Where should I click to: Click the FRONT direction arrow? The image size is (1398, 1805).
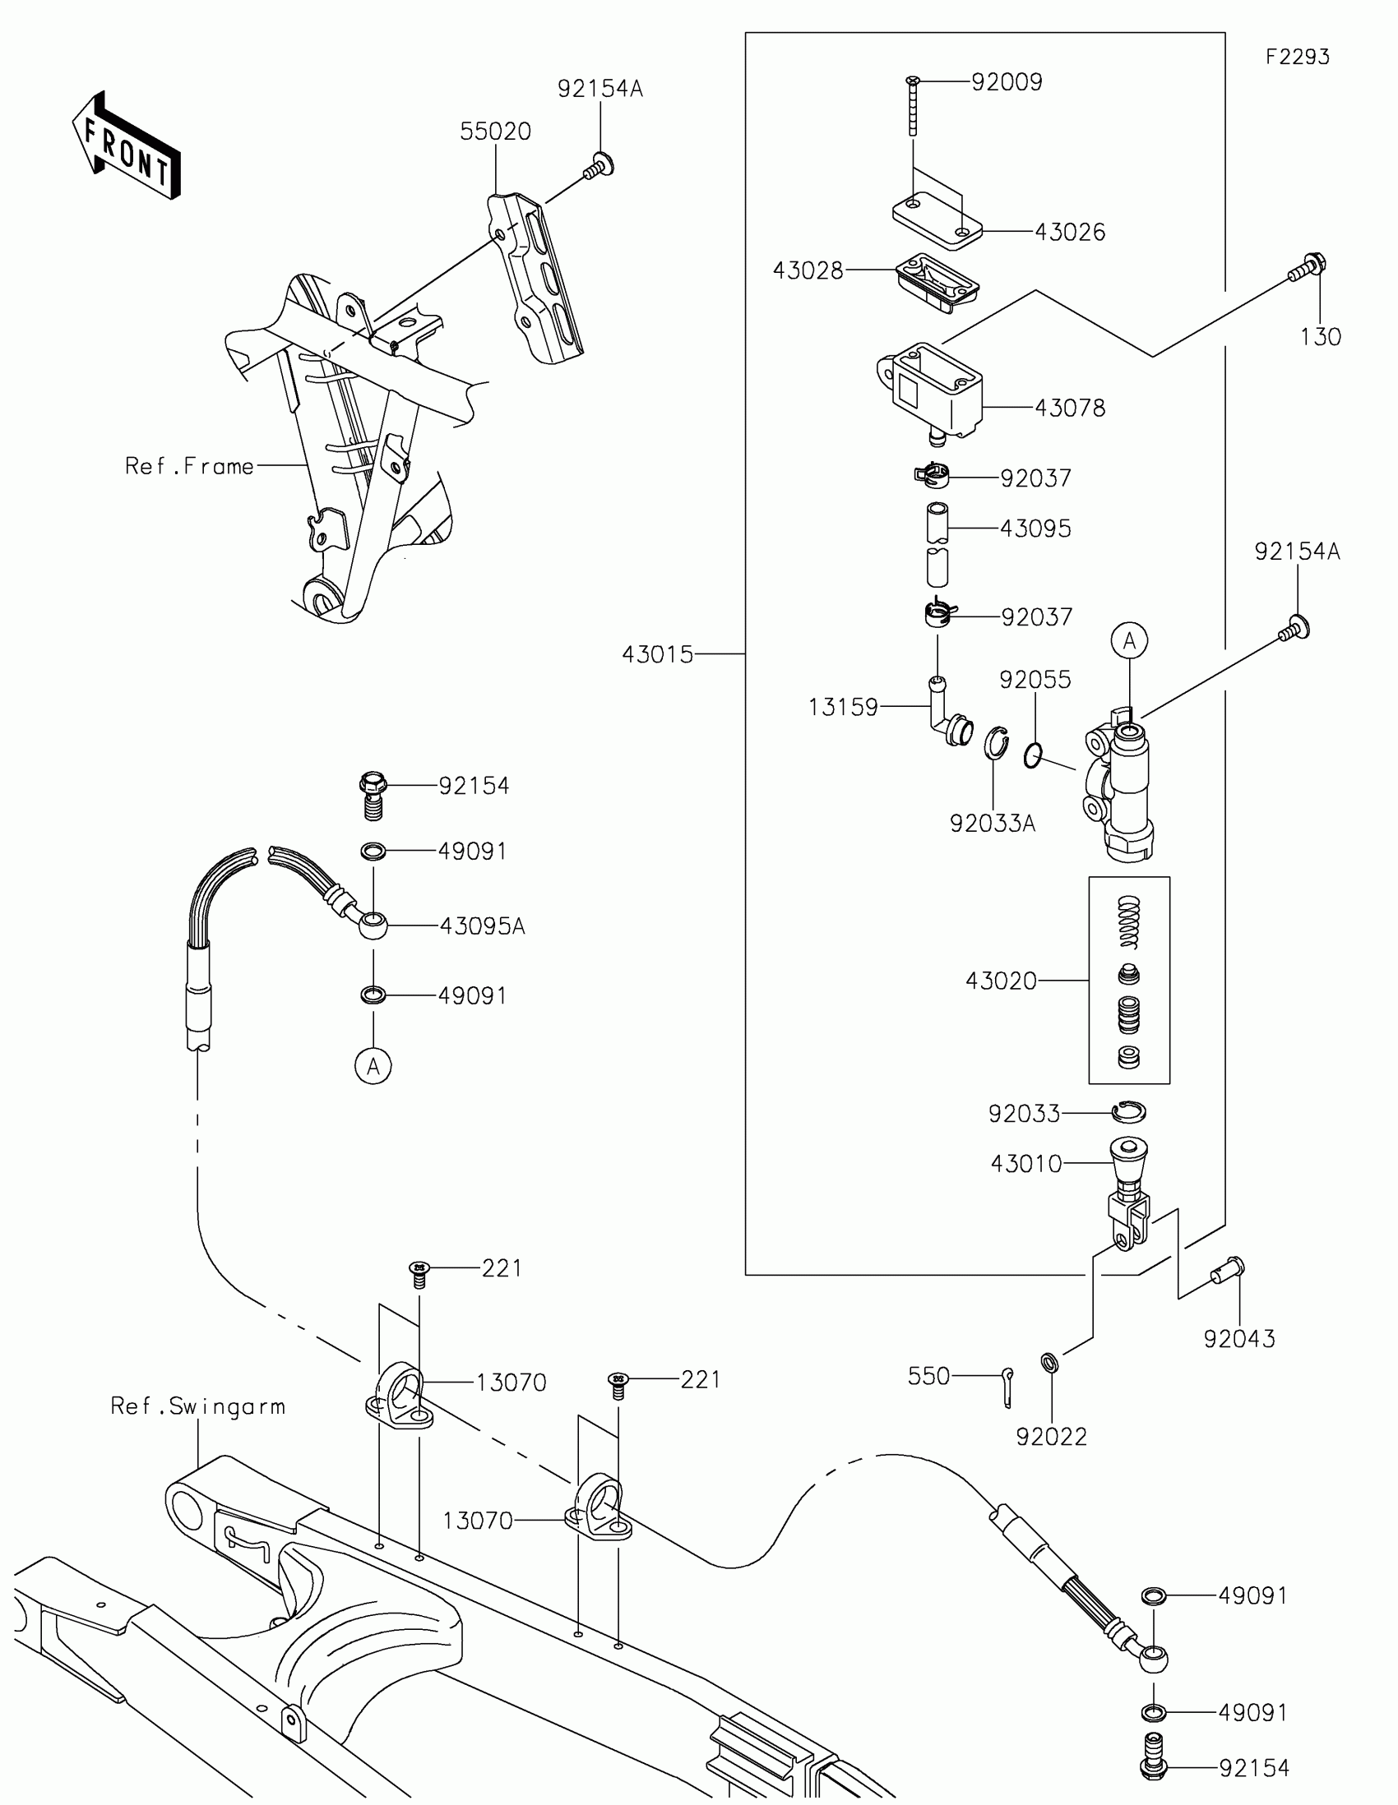click(127, 146)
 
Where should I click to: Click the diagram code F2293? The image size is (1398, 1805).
click(1296, 56)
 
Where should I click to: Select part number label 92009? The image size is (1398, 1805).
click(1006, 82)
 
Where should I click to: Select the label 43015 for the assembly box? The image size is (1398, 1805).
click(657, 653)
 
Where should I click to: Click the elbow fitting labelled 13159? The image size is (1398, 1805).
click(947, 717)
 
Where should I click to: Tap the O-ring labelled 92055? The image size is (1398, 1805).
click(1033, 755)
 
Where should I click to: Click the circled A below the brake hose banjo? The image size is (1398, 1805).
click(373, 1066)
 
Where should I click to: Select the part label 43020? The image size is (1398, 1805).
click(1000, 981)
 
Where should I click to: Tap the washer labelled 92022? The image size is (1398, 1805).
click(1050, 1360)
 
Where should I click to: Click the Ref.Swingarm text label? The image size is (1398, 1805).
click(197, 1406)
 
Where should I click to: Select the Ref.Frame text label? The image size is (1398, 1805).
click(189, 466)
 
